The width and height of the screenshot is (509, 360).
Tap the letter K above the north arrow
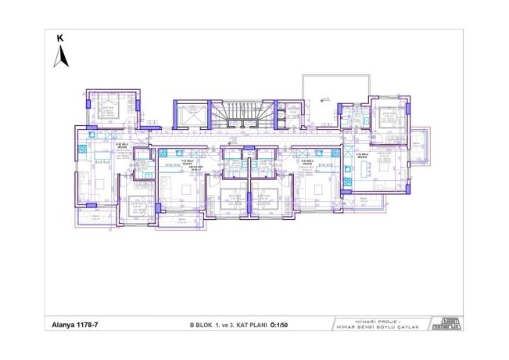(59, 37)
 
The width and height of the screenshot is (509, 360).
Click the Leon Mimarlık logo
(450, 322)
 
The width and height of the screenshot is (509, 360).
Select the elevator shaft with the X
(190, 114)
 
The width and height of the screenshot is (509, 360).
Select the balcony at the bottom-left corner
(95, 217)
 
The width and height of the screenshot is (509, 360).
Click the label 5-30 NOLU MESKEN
(121, 146)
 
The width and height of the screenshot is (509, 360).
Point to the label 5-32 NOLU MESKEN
(361, 156)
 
